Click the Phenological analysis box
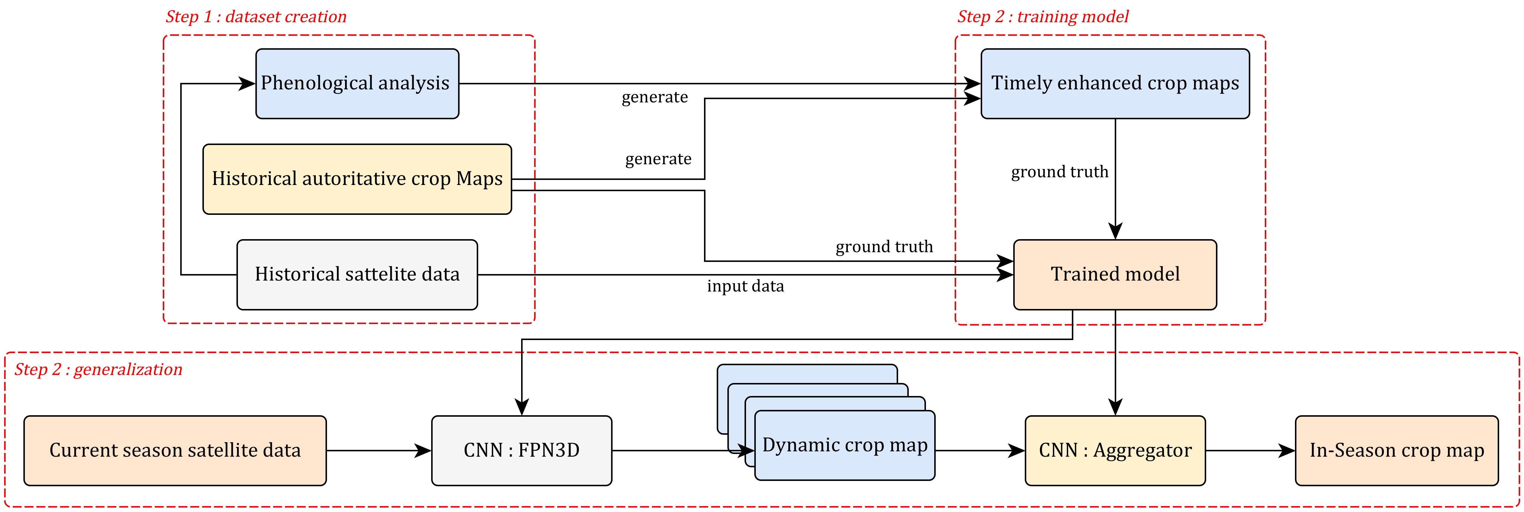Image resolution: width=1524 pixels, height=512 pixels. point(357,83)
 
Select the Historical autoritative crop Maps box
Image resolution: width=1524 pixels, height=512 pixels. point(357,179)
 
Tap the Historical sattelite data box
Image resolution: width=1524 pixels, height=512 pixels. point(357,274)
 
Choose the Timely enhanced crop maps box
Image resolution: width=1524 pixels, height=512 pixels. point(1115,83)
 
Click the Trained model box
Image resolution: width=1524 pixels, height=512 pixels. point(1115,274)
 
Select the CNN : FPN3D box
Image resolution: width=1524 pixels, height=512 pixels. point(521,450)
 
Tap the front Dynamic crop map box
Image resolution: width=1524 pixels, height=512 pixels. point(844,445)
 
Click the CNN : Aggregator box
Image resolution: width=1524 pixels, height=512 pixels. point(1115,450)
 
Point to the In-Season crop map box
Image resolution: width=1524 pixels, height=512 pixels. point(1396,450)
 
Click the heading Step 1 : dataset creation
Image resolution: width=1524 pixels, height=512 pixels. point(256,17)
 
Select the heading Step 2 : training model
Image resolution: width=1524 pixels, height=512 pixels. point(1043,17)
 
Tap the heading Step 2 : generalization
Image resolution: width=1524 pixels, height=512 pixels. point(98,369)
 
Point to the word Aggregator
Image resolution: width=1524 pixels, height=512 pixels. point(1142,450)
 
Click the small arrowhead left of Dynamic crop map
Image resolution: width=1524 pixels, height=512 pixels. point(749,450)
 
